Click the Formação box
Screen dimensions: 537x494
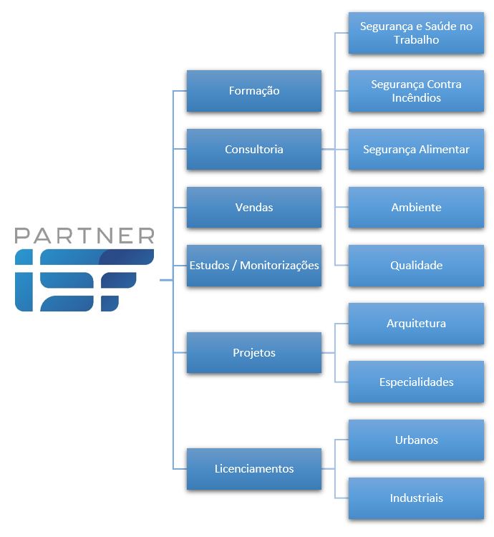253,91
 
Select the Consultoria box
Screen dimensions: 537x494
253,150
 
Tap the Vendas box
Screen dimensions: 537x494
253,208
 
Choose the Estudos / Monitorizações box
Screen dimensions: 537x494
253,266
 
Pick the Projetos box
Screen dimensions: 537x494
253,353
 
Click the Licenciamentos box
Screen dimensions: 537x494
253,469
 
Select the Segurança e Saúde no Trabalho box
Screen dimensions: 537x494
416,33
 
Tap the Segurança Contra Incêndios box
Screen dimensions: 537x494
416,91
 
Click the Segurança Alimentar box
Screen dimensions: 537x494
416,150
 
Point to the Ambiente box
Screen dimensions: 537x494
416,208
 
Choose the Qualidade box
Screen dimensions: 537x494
416,266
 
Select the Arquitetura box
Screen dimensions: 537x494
416,324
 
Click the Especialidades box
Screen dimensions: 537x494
416,382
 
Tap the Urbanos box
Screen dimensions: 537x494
416,440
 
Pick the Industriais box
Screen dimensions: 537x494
416,498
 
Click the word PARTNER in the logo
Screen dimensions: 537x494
84,236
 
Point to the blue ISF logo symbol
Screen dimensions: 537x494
84,281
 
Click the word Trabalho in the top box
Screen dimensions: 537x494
416,40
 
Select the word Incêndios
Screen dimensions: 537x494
416,98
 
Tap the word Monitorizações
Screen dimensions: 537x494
279,266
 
